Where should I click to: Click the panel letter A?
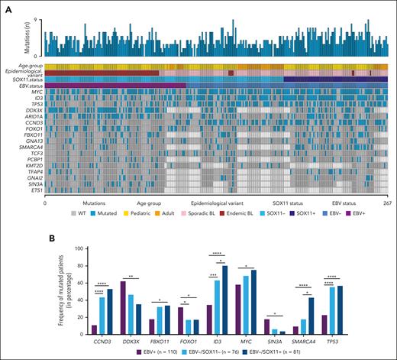[5, 5]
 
